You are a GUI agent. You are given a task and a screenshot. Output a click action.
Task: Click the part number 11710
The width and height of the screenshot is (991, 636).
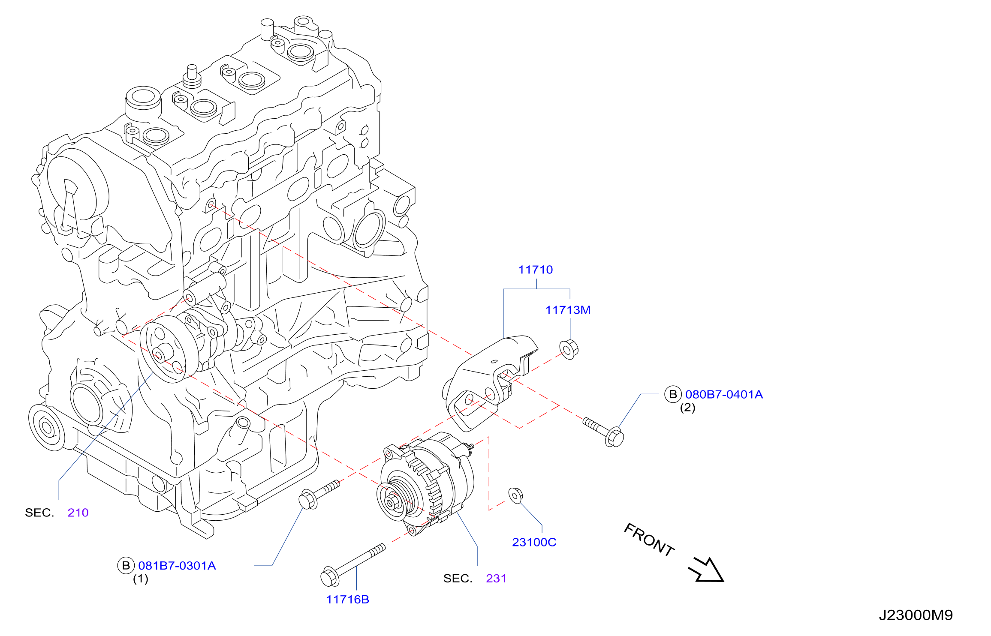[x=535, y=270]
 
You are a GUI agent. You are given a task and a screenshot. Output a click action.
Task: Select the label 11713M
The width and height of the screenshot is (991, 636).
[x=568, y=310]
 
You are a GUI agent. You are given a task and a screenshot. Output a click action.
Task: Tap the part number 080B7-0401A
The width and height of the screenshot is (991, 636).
[x=724, y=394]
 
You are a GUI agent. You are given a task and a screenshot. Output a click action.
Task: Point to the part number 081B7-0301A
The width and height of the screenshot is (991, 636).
[x=177, y=566]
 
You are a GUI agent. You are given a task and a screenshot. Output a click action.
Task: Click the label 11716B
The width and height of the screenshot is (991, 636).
[x=347, y=600]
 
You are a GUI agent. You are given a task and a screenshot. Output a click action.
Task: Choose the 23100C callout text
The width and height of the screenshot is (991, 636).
[x=534, y=542]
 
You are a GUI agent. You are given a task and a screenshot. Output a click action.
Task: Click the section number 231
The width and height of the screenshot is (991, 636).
[x=496, y=579]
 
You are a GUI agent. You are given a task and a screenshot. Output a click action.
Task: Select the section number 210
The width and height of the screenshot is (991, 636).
[x=78, y=513]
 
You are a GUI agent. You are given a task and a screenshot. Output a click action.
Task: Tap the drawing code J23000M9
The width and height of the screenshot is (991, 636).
[x=916, y=615]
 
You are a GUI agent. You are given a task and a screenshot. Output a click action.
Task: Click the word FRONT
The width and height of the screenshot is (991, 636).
[x=649, y=540]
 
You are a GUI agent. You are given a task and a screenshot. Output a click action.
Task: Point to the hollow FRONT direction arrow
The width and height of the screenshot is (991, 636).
[x=707, y=570]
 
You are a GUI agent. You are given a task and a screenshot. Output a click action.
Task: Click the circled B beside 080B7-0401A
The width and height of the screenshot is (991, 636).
[x=673, y=394]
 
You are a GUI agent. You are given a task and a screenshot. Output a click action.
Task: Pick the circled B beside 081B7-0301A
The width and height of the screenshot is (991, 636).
[x=126, y=566]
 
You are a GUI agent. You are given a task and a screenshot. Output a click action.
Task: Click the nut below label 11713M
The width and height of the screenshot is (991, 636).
[x=569, y=349]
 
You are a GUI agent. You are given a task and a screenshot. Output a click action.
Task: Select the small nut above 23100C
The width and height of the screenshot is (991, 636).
[x=515, y=495]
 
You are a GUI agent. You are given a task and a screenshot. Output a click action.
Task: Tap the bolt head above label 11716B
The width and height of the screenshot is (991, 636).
[x=329, y=576]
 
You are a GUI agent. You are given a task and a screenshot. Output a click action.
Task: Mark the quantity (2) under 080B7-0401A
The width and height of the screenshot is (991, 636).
[x=687, y=408]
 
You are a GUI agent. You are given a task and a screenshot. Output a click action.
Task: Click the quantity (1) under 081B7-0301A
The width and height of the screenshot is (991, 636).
[x=140, y=579]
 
